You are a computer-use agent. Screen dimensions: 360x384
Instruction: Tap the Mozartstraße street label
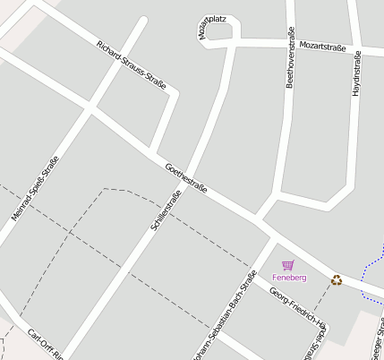(325, 45)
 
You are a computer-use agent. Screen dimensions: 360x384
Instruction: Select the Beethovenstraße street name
(290, 58)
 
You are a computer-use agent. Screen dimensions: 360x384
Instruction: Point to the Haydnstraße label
(356, 73)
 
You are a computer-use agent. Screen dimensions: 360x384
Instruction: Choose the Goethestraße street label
(187, 177)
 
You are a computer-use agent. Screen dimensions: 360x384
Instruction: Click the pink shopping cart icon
(288, 265)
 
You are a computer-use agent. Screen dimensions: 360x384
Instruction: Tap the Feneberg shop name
(289, 279)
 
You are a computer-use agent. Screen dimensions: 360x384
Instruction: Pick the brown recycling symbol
(337, 280)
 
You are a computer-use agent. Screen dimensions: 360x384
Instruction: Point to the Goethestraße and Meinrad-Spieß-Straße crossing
(89, 109)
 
